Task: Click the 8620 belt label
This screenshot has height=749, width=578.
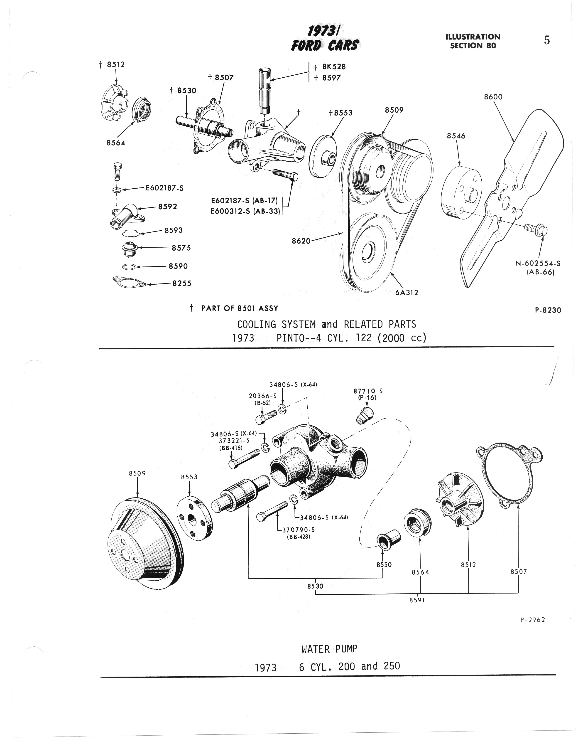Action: (301, 241)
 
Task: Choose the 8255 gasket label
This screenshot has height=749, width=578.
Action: (182, 283)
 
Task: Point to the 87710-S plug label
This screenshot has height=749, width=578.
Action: (368, 391)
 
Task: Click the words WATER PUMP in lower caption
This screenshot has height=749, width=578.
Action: (329, 649)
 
